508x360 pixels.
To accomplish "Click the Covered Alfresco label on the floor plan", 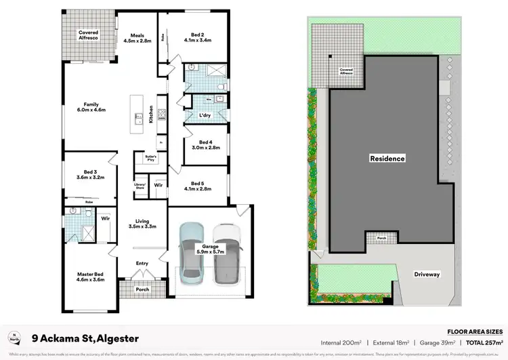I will pyautogui.click(x=88, y=35).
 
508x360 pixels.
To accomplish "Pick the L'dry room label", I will pyautogui.click(x=205, y=116).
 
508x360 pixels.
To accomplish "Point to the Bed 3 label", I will pyautogui.click(x=89, y=178).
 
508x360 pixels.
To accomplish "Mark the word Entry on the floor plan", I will pyautogui.click(x=142, y=263).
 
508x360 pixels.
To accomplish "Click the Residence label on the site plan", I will pyautogui.click(x=387, y=159).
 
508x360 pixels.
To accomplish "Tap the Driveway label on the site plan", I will pyautogui.click(x=427, y=275).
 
